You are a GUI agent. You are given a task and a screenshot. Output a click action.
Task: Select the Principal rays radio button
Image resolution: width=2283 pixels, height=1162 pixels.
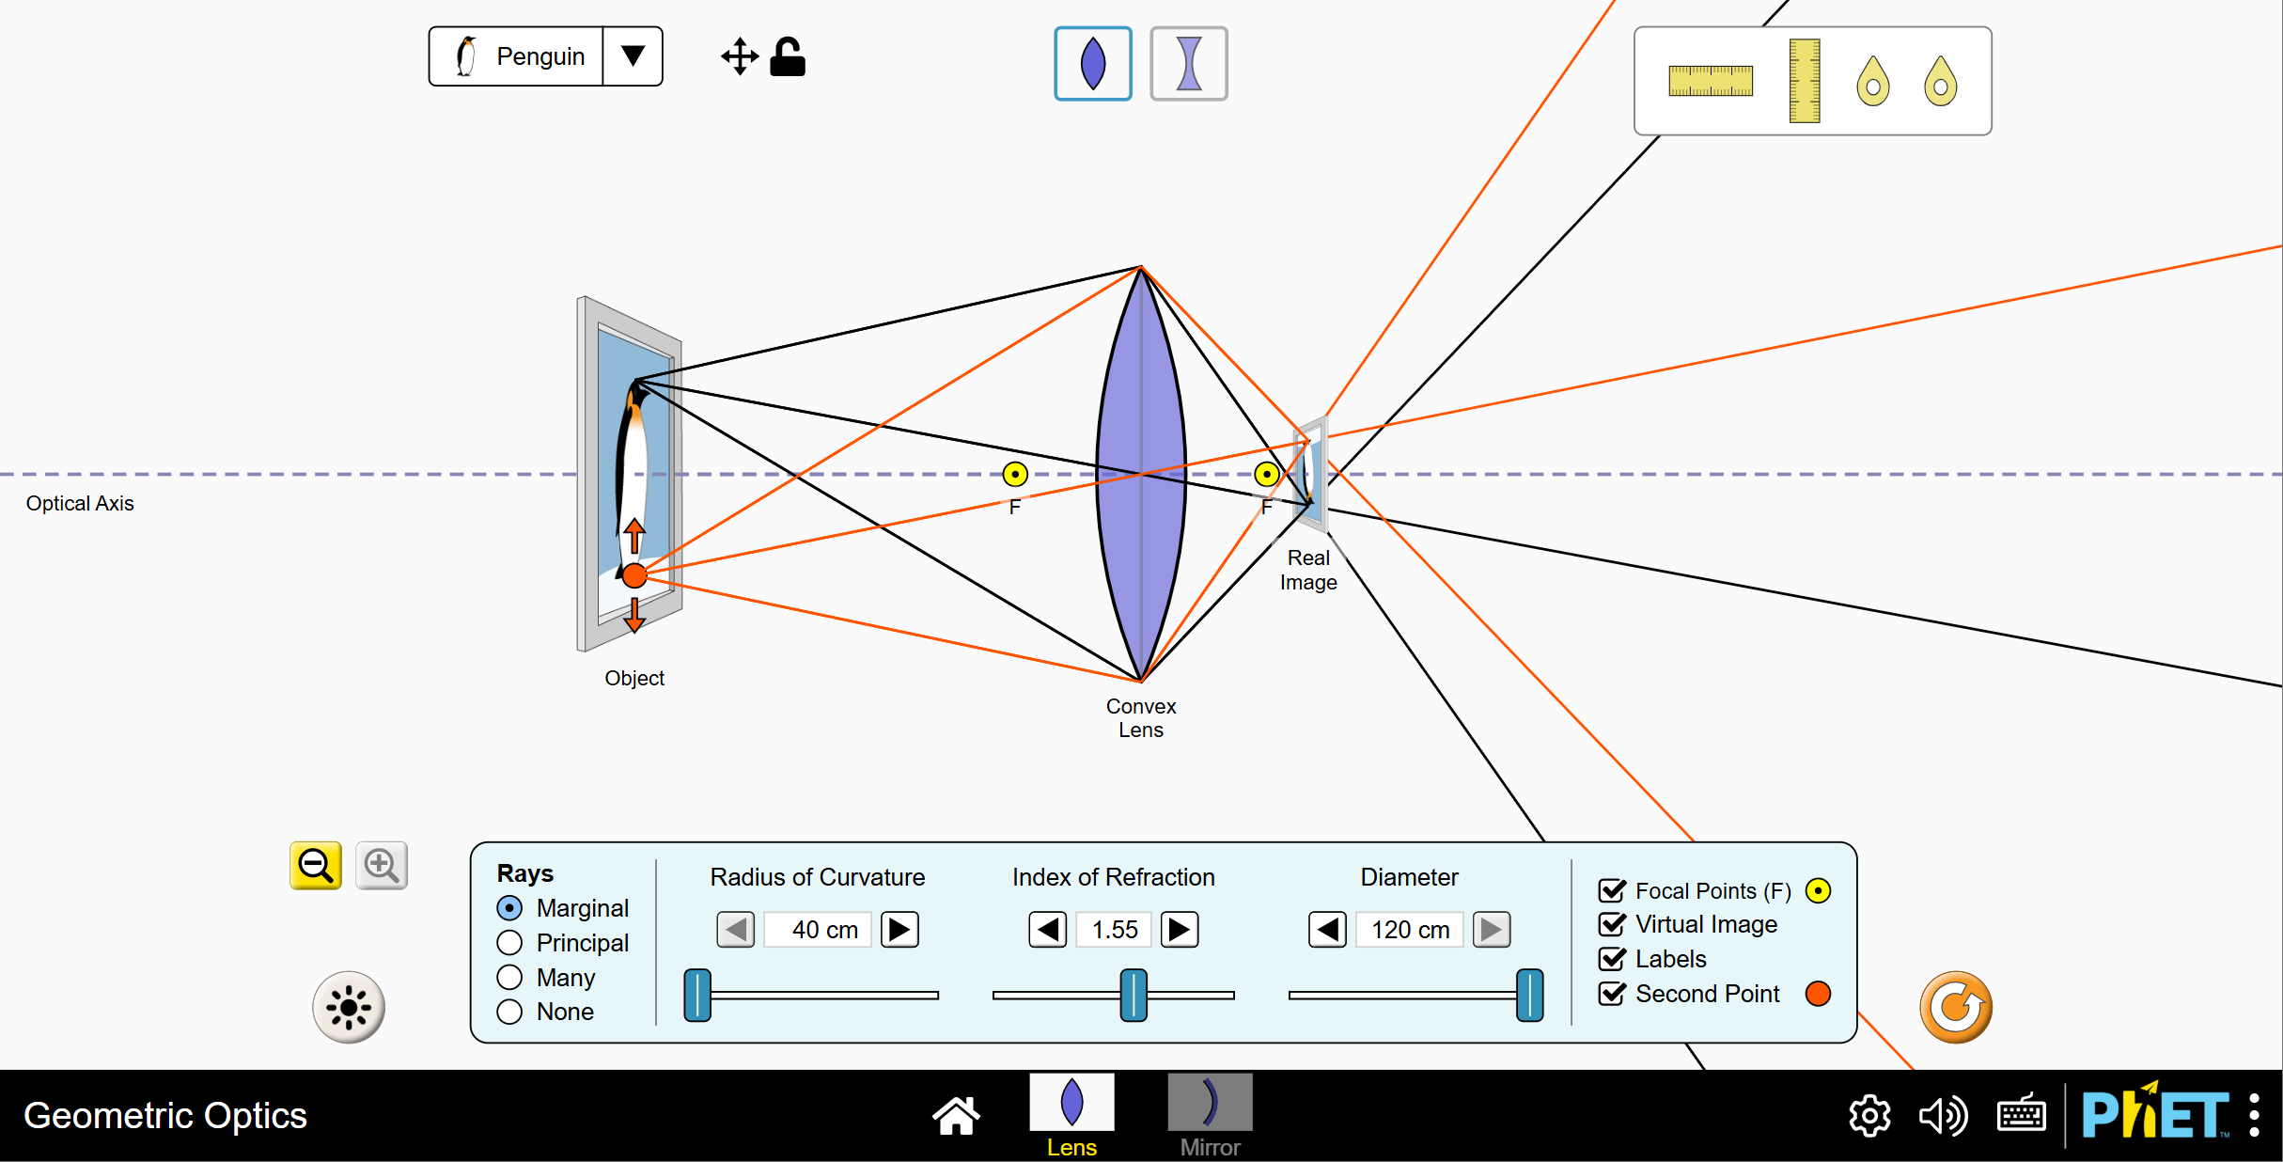[x=509, y=942]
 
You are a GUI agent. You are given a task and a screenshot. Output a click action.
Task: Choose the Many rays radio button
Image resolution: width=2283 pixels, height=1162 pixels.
[x=509, y=977]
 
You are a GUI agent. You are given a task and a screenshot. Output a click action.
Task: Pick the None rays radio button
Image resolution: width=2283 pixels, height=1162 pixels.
[x=509, y=1012]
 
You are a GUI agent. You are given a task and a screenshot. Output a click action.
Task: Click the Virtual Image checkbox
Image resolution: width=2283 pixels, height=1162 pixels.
[x=1612, y=924]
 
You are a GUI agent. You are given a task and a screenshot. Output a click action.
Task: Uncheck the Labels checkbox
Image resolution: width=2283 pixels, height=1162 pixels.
[x=1612, y=959]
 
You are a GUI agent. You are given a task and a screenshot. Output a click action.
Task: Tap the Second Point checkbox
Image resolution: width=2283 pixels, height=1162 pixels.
[x=1612, y=994]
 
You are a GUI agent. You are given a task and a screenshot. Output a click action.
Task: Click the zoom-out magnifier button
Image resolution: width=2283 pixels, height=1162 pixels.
[x=316, y=865]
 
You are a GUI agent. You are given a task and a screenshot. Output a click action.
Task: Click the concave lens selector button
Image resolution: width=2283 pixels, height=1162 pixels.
[x=1189, y=64]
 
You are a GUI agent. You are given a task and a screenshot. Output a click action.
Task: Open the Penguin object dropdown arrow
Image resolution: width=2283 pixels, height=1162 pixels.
[x=633, y=56]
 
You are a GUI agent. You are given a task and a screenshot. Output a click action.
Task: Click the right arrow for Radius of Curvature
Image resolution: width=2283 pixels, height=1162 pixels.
[x=899, y=930]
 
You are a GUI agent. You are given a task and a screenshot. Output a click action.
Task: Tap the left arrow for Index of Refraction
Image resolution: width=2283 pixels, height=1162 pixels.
[x=1048, y=930]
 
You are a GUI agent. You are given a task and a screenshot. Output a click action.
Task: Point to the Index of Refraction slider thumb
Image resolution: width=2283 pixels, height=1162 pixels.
[x=1134, y=995]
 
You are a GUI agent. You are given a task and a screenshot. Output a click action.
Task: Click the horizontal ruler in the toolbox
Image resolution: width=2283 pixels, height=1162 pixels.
[x=1711, y=81]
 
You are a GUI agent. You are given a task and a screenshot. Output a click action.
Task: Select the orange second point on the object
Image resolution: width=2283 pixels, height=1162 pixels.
[x=635, y=575]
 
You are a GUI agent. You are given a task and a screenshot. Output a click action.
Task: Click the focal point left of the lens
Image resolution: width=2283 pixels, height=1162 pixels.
[x=1015, y=474]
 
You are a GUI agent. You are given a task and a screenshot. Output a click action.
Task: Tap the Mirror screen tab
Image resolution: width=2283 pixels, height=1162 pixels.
[x=1210, y=1115]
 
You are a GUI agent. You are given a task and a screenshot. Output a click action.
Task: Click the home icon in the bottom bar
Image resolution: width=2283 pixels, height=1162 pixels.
[x=956, y=1116]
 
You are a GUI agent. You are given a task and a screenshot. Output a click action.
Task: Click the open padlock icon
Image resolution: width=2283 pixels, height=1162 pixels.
[x=788, y=57]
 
